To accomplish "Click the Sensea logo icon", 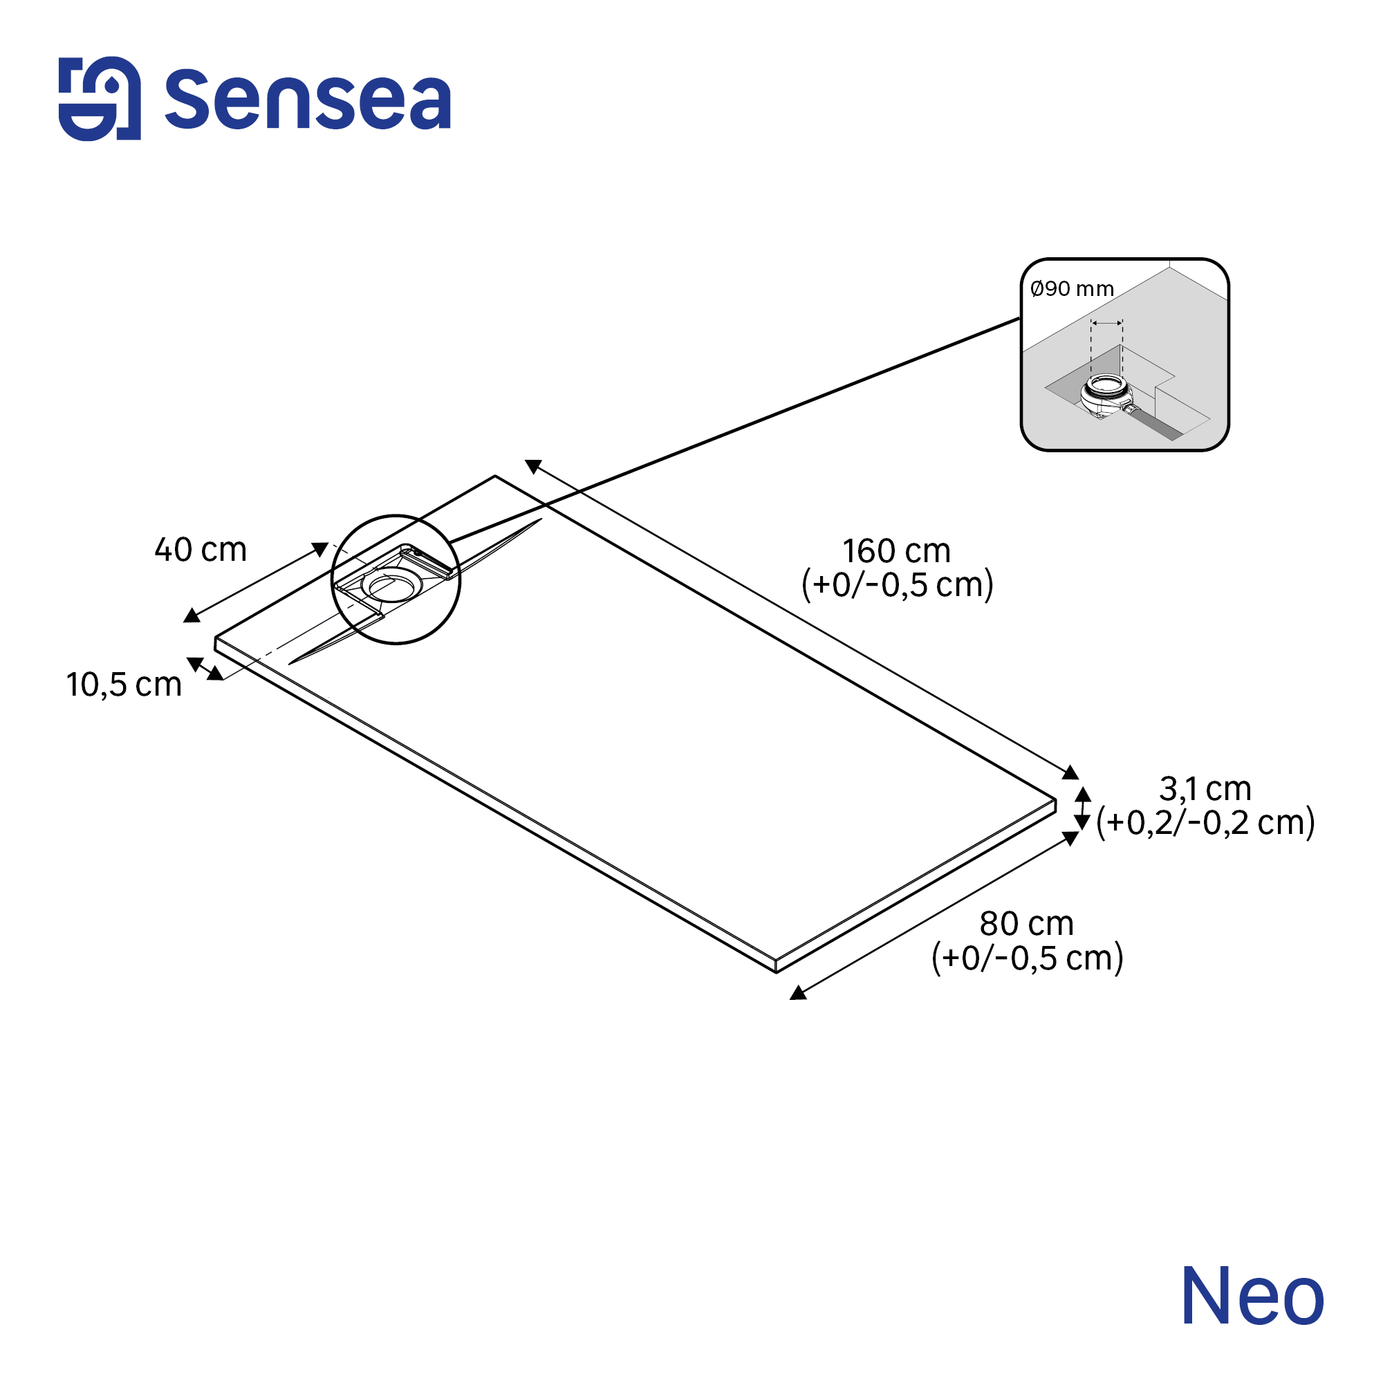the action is [100, 99].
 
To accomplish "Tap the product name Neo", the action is [1252, 1297].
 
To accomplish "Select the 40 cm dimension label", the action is [201, 550].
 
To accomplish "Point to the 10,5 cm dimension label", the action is [124, 685].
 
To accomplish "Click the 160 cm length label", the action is [896, 551].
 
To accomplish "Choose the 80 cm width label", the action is [1026, 923].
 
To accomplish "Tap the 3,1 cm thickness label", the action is [1205, 789].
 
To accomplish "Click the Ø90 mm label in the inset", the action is [1072, 288].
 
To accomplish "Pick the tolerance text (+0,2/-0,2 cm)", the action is [1205, 822].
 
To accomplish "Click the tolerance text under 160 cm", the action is [897, 585].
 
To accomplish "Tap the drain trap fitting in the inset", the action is [1107, 396].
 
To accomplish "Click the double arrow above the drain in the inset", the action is [1106, 324].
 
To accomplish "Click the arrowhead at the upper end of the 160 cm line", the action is [533, 466].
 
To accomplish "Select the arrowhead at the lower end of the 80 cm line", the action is [798, 992].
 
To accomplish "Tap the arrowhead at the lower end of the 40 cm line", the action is [191, 615].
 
